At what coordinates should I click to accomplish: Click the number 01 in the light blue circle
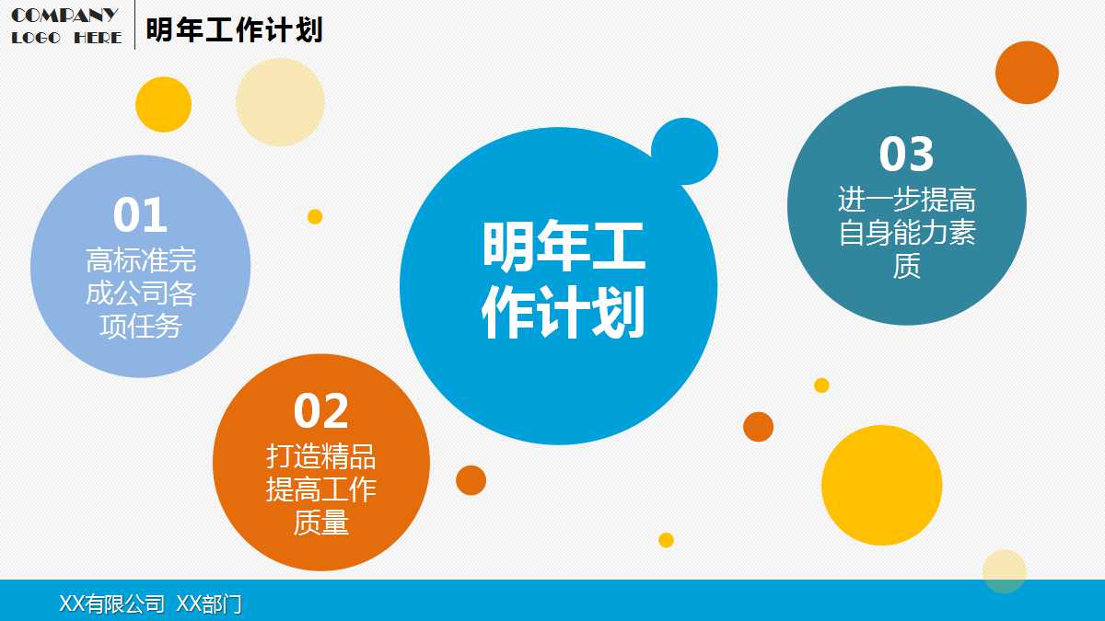[x=140, y=215]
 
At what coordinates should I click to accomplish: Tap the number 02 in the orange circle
[x=321, y=411]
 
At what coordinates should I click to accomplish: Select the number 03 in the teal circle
[x=906, y=155]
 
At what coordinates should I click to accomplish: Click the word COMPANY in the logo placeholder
[x=64, y=15]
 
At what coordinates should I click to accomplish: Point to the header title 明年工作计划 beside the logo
[x=234, y=29]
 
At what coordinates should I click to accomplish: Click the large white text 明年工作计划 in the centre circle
[x=563, y=280]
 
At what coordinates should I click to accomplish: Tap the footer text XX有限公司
[x=111, y=604]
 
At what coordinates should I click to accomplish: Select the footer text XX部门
[x=209, y=604]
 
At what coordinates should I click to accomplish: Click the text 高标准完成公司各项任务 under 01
[x=141, y=293]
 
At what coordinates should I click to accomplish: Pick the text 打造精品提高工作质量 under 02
[x=321, y=489]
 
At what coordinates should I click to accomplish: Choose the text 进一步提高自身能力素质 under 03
[x=907, y=233]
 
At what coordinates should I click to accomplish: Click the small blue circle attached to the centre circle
[x=684, y=151]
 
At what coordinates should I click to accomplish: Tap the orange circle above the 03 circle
[x=1027, y=73]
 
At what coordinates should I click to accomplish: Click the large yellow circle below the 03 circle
[x=881, y=485]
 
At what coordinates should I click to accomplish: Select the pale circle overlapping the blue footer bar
[x=1004, y=570]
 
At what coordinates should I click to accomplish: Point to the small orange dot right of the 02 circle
[x=471, y=480]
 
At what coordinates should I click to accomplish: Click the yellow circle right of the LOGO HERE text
[x=163, y=104]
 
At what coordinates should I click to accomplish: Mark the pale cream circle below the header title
[x=280, y=102]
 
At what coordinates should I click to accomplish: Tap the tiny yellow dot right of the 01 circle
[x=315, y=217]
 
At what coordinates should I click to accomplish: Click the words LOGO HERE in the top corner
[x=66, y=38]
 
